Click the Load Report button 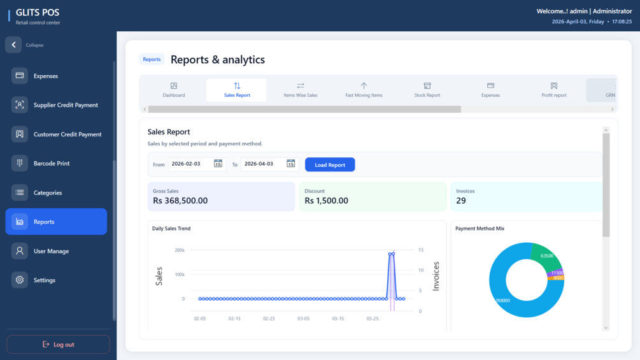[x=330, y=164]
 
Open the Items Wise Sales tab [x=300, y=90]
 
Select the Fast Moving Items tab [x=364, y=90]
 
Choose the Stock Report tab [x=427, y=90]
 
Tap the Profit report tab [x=553, y=90]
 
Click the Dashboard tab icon [x=174, y=85]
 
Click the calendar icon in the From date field [x=218, y=164]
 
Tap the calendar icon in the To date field [x=290, y=164]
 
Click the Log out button [x=58, y=344]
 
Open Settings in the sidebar [x=44, y=280]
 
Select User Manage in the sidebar [x=51, y=251]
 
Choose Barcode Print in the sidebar [x=52, y=163]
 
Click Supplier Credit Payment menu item [x=66, y=105]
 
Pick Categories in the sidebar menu [x=48, y=192]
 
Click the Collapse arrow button [x=13, y=45]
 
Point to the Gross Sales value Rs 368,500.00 [x=180, y=201]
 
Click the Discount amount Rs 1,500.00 [x=326, y=201]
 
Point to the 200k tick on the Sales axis [x=179, y=250]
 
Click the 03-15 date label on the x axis [x=338, y=319]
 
